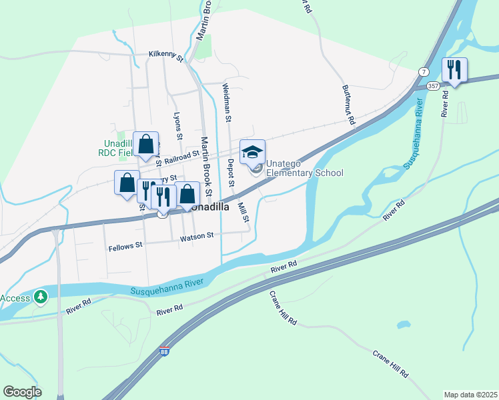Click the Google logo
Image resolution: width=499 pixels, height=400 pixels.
point(22,392)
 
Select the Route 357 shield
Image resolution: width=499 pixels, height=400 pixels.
point(433,86)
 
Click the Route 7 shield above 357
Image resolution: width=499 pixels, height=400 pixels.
point(424,71)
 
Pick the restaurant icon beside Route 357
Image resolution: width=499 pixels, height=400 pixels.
point(454,69)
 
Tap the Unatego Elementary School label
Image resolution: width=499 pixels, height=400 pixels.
point(304,168)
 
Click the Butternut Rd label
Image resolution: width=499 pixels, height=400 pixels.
point(348,105)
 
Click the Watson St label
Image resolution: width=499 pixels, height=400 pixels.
point(196,235)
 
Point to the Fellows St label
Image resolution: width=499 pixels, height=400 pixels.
point(125,245)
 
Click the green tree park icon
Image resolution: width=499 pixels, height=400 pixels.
point(41,295)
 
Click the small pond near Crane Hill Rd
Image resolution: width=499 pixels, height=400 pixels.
point(403,325)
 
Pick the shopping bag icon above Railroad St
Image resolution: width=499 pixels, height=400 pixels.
point(145,144)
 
